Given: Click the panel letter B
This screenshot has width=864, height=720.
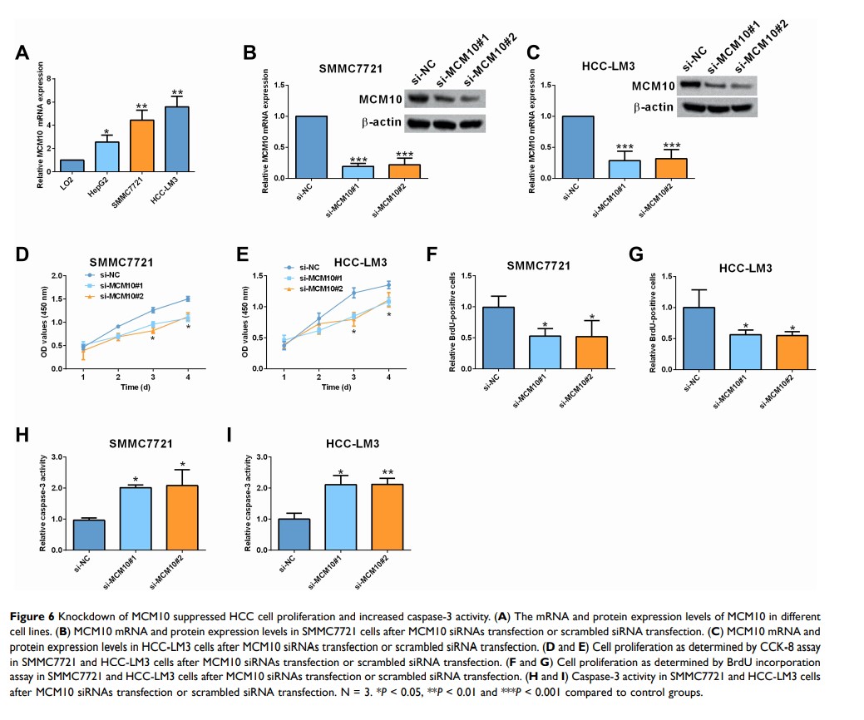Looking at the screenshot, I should click(x=249, y=52).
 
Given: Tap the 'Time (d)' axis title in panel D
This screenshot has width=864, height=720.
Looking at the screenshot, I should click(x=135, y=387).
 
